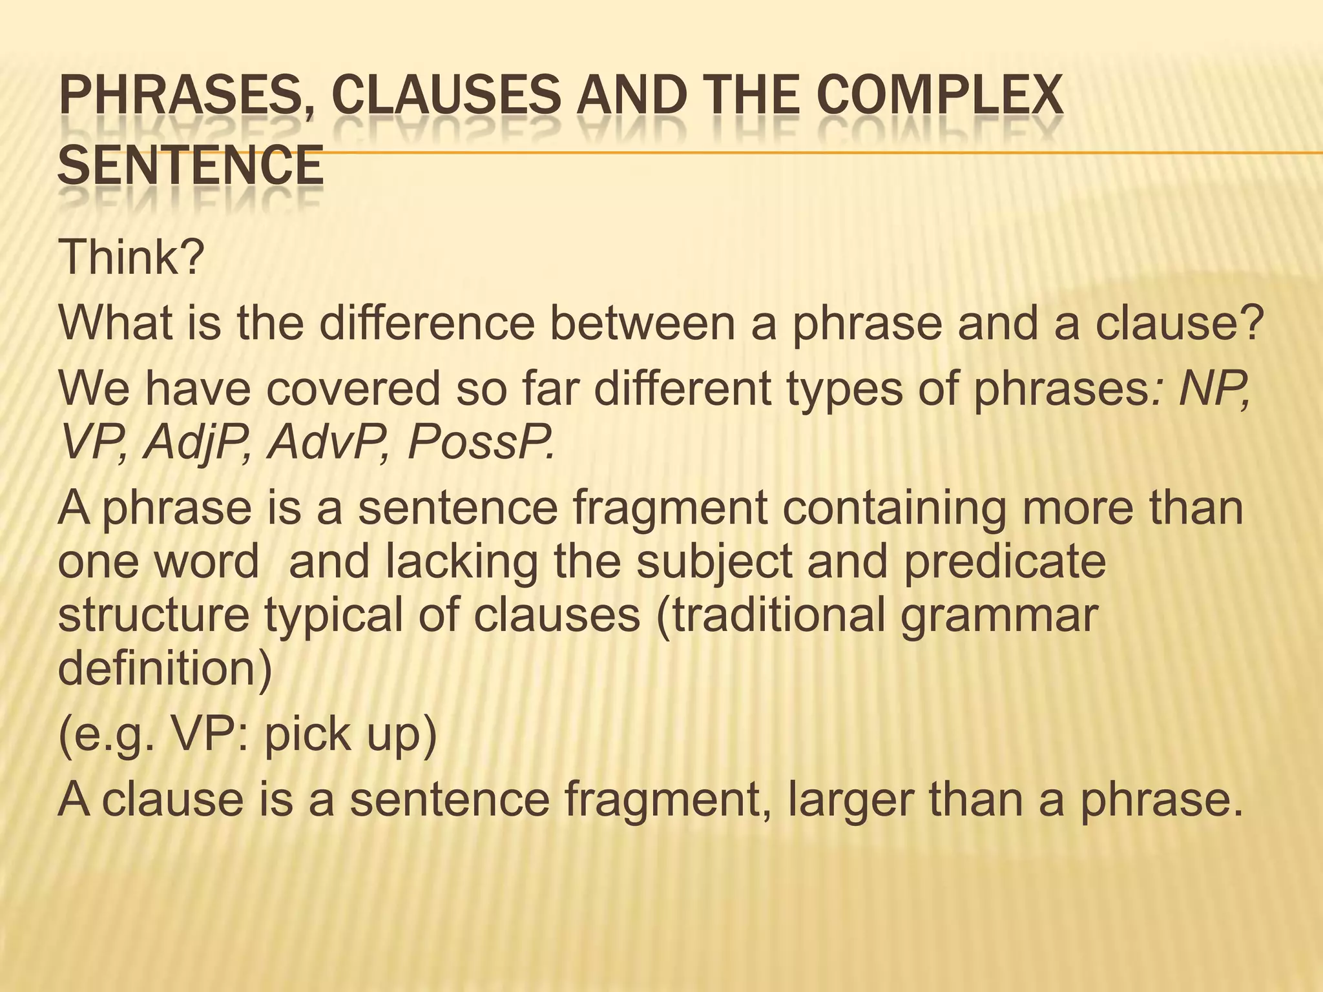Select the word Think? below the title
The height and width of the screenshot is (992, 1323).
[x=131, y=256]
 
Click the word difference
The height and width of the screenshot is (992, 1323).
[x=427, y=322]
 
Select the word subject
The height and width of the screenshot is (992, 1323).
[x=714, y=561]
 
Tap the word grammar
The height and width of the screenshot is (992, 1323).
[x=999, y=614]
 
